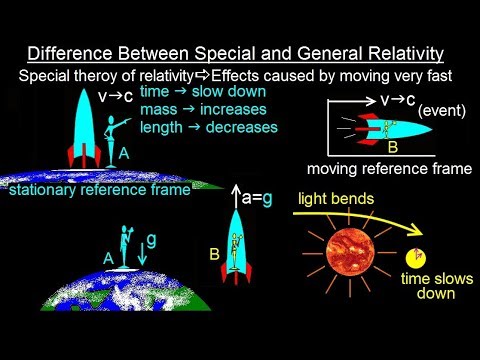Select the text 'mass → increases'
coord(196,109)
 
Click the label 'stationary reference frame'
coord(98,189)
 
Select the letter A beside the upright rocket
coord(123,154)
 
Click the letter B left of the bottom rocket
coord(215,254)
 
